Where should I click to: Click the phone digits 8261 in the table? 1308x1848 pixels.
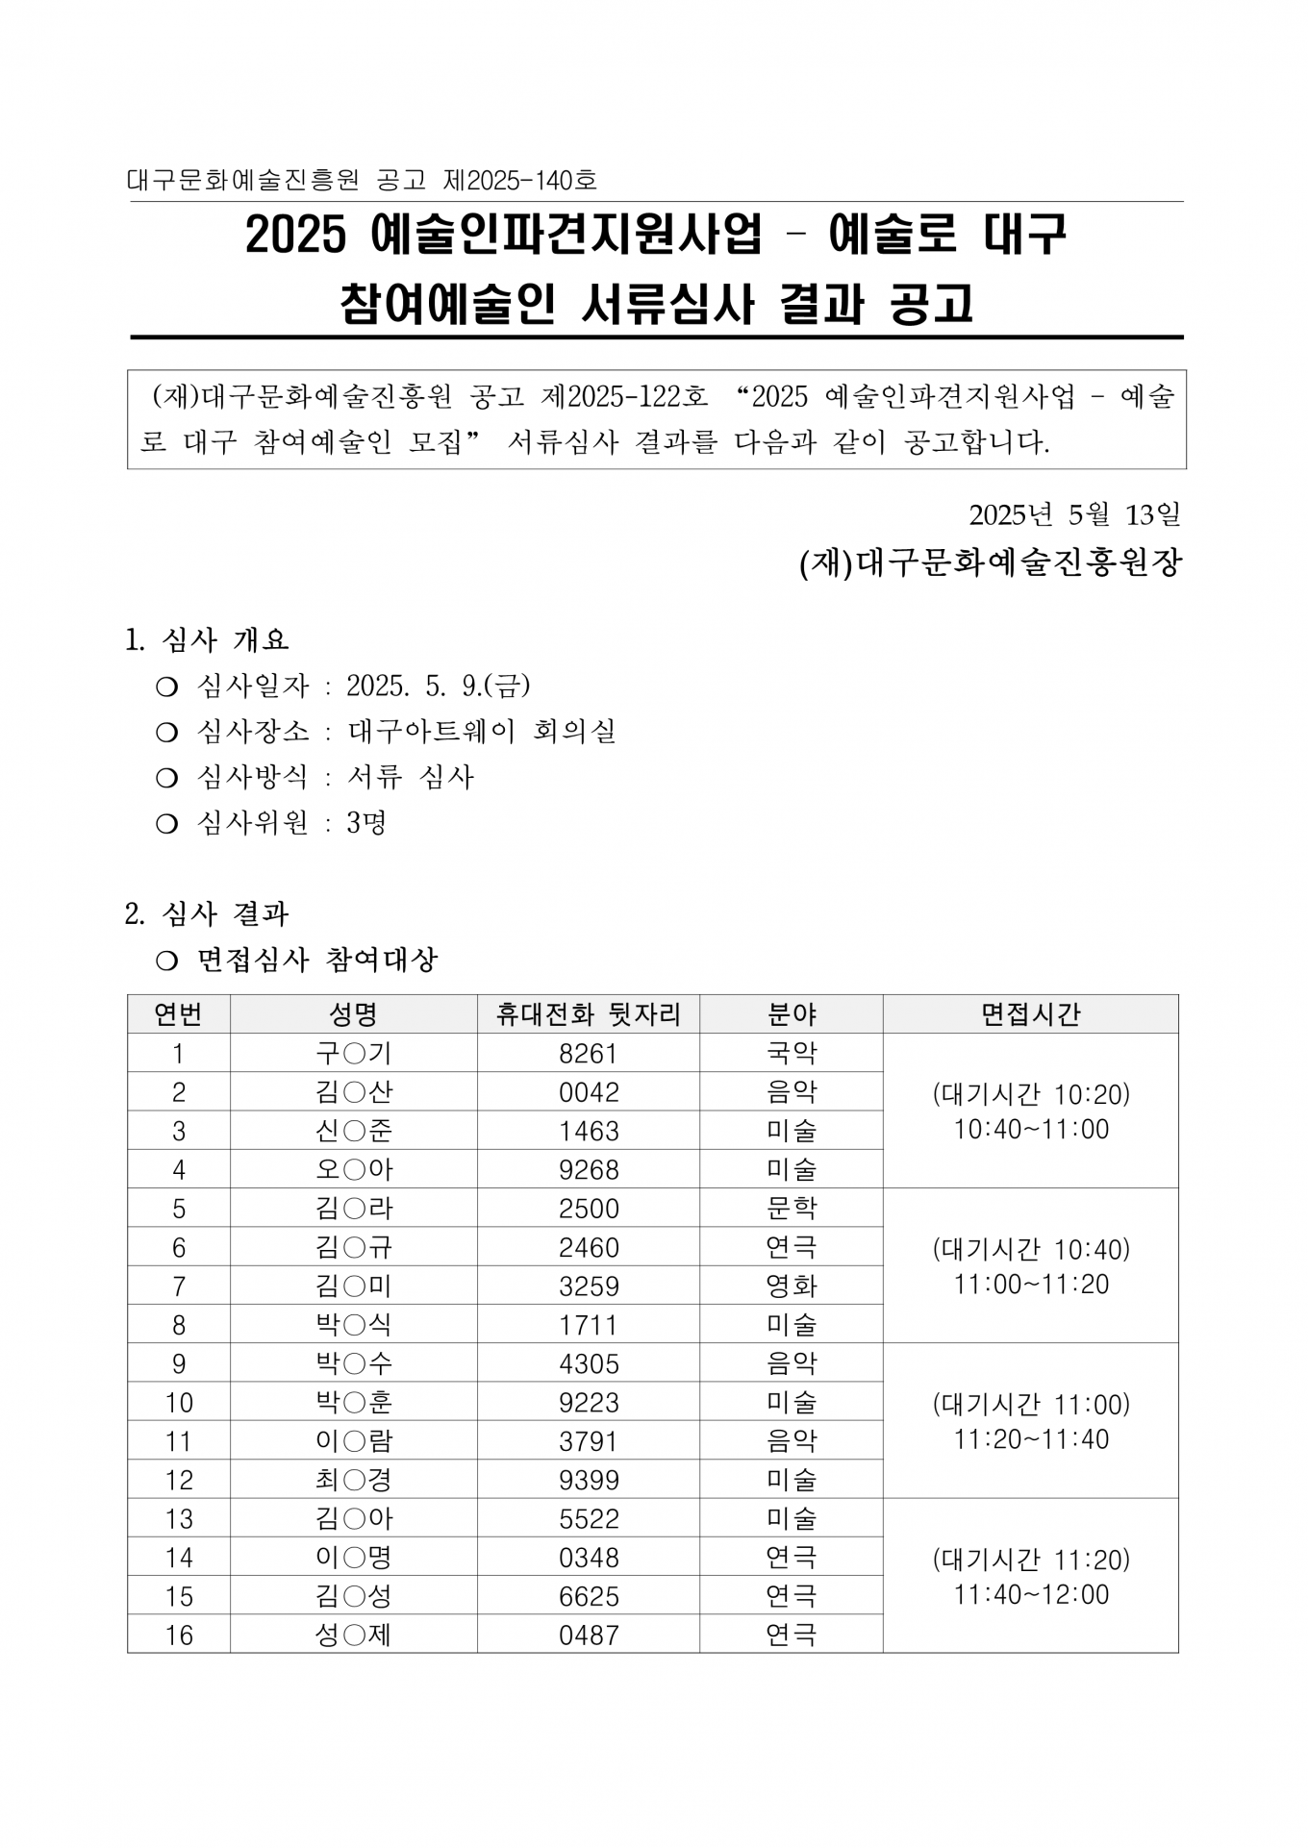click(588, 1054)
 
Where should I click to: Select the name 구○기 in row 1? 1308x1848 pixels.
click(353, 1054)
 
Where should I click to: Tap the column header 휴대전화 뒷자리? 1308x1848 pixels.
click(588, 1014)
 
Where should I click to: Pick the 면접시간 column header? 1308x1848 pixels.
click(1030, 1014)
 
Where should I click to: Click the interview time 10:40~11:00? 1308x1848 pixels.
click(1031, 1130)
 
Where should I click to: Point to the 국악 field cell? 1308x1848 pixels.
click(791, 1054)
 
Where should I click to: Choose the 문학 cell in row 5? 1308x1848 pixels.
click(791, 1209)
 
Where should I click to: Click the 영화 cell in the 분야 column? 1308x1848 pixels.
click(791, 1286)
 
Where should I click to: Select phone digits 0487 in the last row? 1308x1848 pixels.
click(588, 1636)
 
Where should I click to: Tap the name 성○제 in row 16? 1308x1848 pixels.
click(353, 1636)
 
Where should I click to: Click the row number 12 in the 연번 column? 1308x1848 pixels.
click(179, 1481)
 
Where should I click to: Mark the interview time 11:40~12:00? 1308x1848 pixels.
click(1031, 1595)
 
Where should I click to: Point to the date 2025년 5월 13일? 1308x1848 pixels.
click(1074, 515)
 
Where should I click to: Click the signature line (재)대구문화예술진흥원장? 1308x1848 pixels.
click(990, 563)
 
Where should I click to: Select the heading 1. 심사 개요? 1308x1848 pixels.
click(207, 639)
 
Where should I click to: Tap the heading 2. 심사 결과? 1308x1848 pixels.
click(207, 913)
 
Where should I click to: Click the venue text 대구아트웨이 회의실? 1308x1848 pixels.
click(482, 732)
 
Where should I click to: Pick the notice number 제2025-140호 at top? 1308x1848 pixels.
click(520, 180)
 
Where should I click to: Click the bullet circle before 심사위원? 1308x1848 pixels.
click(166, 824)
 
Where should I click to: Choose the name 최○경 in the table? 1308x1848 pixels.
click(353, 1481)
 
